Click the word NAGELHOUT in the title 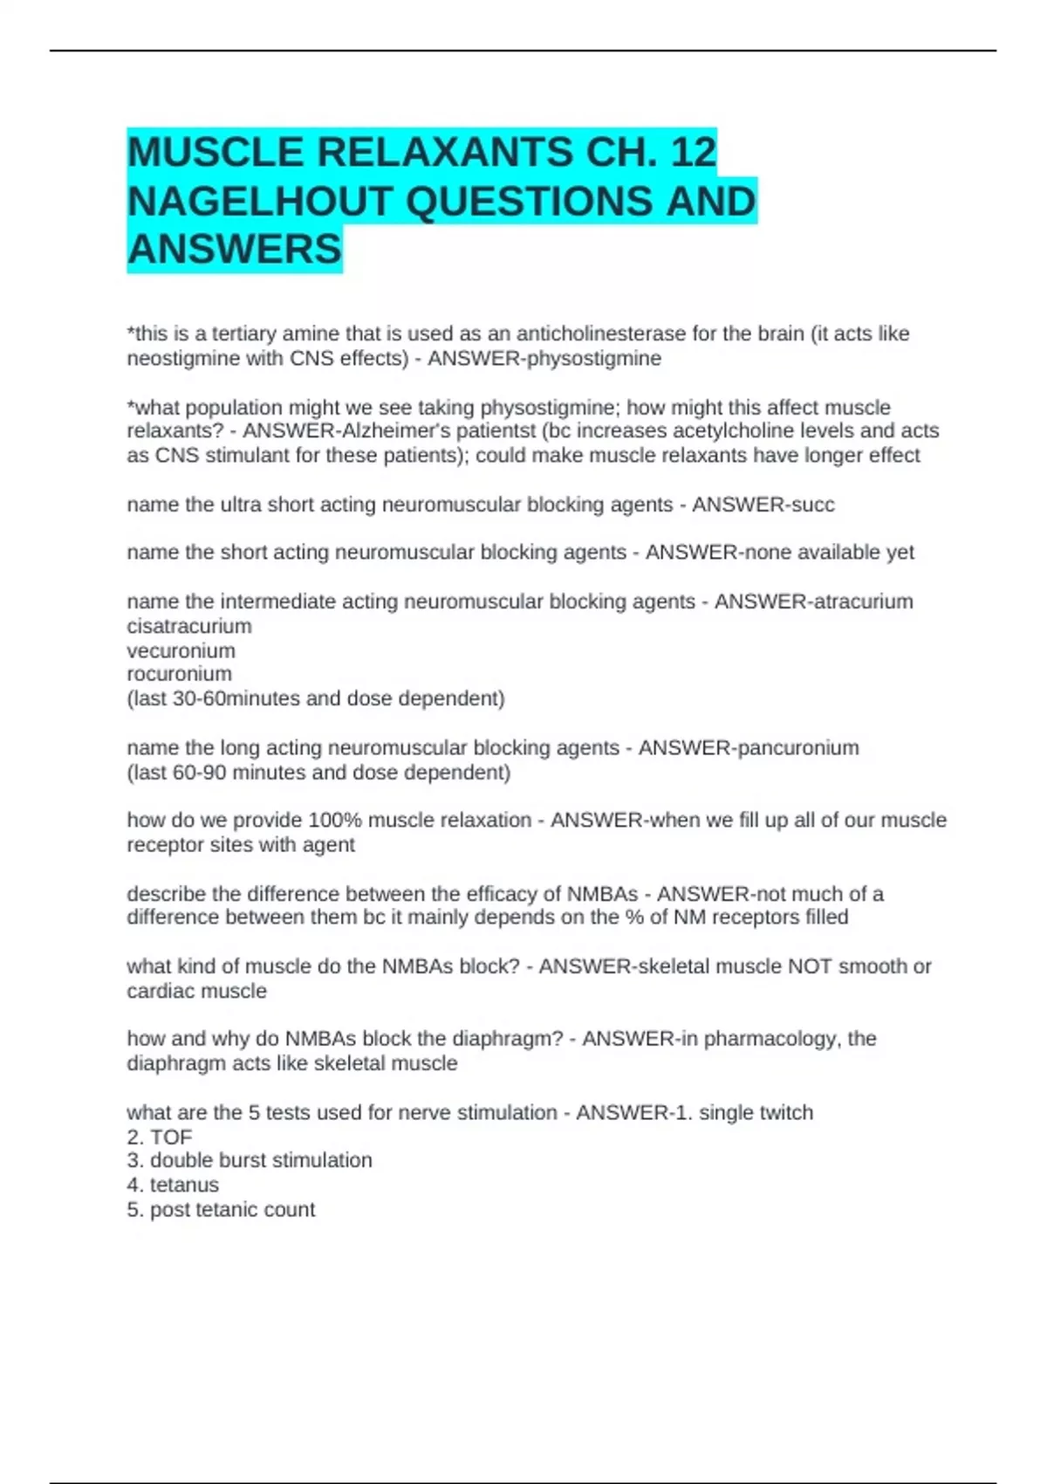[x=260, y=202]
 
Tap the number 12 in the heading [x=693, y=153]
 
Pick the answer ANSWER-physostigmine [x=544, y=358]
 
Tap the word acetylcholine [x=723, y=431]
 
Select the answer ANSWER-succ [x=763, y=505]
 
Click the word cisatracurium [x=189, y=626]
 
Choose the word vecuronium [x=181, y=650]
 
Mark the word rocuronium [x=179, y=674]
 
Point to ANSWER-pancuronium [x=748, y=747]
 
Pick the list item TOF [x=170, y=1137]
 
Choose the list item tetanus [x=184, y=1185]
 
